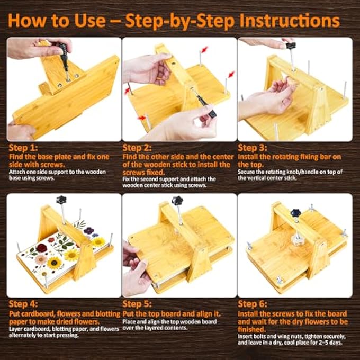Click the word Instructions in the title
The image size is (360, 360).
[x=290, y=21]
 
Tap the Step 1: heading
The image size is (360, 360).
[x=23, y=148]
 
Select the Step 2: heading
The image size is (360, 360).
[x=137, y=148]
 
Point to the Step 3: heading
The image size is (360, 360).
[x=253, y=148]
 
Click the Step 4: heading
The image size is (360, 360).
[x=23, y=304]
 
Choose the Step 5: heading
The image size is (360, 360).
[x=137, y=304]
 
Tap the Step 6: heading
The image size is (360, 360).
[x=253, y=304]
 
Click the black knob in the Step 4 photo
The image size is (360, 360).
[x=61, y=200]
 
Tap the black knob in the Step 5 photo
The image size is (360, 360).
[x=177, y=201]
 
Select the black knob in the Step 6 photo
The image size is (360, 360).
[x=295, y=214]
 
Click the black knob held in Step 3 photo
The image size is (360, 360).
[x=291, y=46]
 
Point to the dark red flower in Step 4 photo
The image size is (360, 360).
[x=42, y=248]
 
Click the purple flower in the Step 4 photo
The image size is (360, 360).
[x=88, y=230]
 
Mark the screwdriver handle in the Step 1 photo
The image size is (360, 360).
[x=62, y=53]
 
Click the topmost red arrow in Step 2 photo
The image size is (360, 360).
[x=204, y=49]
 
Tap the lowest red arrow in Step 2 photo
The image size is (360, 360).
[x=141, y=118]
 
